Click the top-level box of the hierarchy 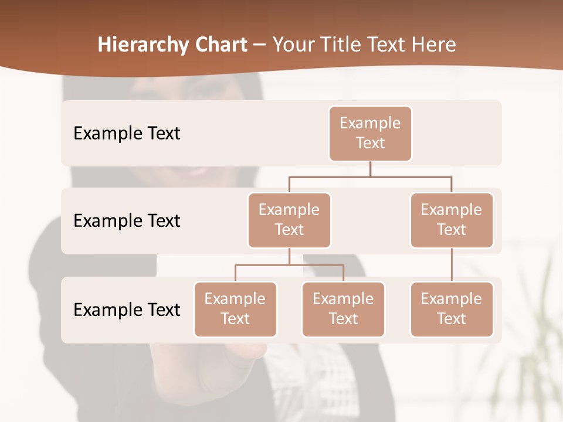coord(370,133)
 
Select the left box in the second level coord(289,220)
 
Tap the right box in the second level coord(452,220)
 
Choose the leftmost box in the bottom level coord(235,309)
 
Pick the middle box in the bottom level coord(343,309)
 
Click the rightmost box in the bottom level coord(452,309)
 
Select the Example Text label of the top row coord(127,133)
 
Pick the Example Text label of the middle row coord(127,220)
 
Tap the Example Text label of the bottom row coord(127,309)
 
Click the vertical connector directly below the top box coord(370,169)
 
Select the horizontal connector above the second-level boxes coord(370,176)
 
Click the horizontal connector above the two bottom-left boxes coord(289,265)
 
